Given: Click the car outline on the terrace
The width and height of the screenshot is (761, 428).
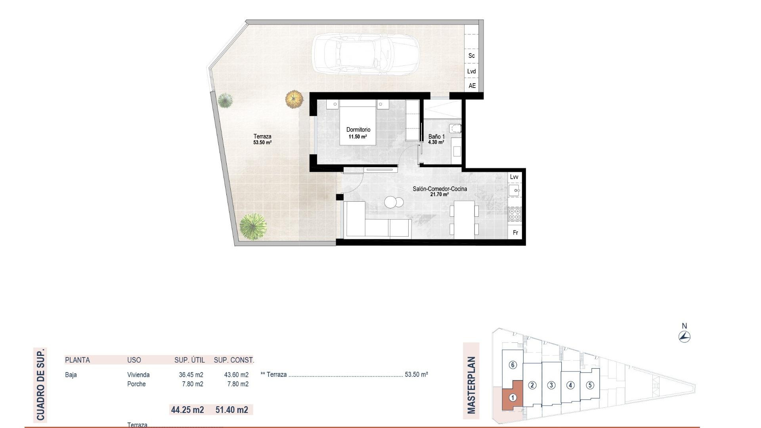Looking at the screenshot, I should pyautogui.click(x=365, y=54).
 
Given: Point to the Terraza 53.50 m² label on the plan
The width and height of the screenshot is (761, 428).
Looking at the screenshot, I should pyautogui.click(x=262, y=139).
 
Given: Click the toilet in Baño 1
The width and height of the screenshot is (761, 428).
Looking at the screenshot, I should pyautogui.click(x=456, y=128).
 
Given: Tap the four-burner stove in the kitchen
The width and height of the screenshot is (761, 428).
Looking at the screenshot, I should pyautogui.click(x=515, y=214).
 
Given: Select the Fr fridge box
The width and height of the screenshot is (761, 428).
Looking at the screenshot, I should pyautogui.click(x=515, y=233).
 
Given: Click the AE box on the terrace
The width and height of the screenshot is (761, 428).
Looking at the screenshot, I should pyautogui.click(x=472, y=86).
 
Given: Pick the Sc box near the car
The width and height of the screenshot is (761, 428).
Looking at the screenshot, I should pyautogui.click(x=471, y=56).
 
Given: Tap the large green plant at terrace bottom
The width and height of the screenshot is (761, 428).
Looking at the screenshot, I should pyautogui.click(x=253, y=226).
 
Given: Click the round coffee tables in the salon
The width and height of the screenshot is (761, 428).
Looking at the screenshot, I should pyautogui.click(x=394, y=203).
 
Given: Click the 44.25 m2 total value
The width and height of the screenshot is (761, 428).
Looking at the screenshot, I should pyautogui.click(x=187, y=410).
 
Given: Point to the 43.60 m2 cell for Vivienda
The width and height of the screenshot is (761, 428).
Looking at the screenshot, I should pyautogui.click(x=236, y=375).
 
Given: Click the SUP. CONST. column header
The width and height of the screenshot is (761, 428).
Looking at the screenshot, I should pyautogui.click(x=234, y=360).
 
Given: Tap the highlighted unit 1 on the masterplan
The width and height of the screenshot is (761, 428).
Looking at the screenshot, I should pyautogui.click(x=512, y=397).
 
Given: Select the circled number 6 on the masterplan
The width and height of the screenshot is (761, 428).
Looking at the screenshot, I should pyautogui.click(x=512, y=365).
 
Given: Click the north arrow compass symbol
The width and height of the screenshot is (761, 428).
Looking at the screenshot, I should pyautogui.click(x=684, y=337).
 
